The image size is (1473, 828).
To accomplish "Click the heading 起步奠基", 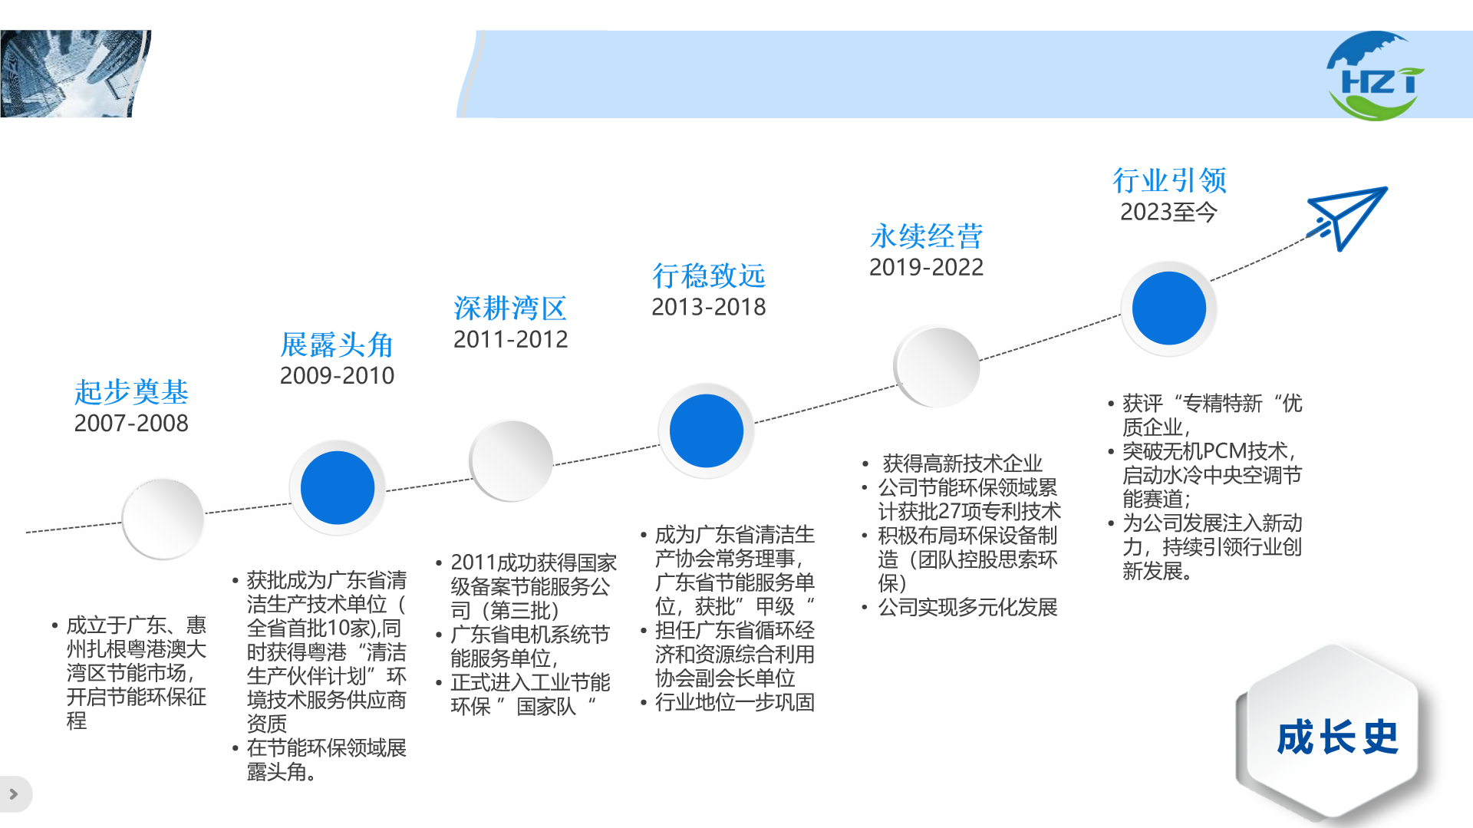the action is [131, 392].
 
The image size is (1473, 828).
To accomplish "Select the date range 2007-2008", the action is [131, 423].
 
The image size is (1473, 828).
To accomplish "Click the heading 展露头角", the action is [337, 345].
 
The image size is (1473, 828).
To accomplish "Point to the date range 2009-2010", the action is [337, 375].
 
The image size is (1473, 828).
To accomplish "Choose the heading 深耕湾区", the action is [510, 308].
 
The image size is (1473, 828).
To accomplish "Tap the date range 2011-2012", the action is [510, 339].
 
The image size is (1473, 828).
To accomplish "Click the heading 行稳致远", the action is [709, 275].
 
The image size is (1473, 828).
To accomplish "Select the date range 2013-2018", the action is [709, 307].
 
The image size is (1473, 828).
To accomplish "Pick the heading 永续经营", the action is [926, 236].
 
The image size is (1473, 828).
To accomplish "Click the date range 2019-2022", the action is [926, 267].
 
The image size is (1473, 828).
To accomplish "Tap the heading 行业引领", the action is [1170, 180].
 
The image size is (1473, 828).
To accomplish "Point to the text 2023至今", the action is [1168, 212].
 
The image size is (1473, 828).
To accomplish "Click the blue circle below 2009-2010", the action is [338, 488].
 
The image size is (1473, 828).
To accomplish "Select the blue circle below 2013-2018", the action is [707, 430].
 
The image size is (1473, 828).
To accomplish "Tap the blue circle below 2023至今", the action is [1169, 308].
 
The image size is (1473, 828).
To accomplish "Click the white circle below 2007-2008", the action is [163, 520].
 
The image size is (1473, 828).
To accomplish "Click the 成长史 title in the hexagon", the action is [1337, 737].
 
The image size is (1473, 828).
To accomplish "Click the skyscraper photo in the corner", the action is [75, 74].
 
